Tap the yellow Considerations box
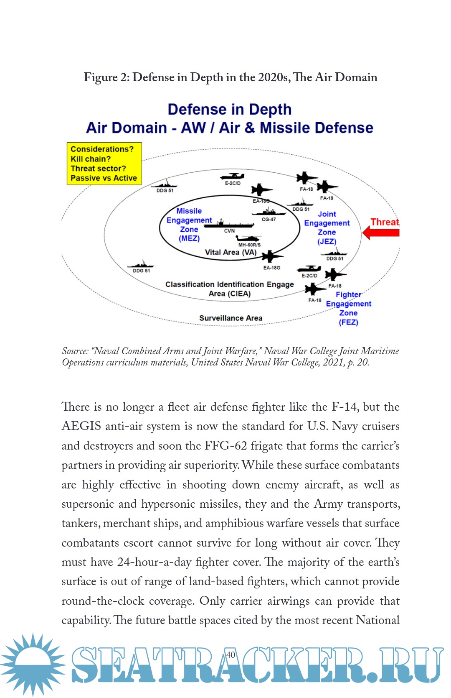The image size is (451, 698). tap(104, 164)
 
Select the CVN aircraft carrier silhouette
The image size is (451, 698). tap(229, 224)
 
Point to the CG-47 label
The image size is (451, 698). tap(269, 219)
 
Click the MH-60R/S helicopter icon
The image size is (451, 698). tap(249, 239)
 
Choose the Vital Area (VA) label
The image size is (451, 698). tap(231, 252)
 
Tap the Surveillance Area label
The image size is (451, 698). tap(231, 318)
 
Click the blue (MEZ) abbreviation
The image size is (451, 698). tap(189, 238)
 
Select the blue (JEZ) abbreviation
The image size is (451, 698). tap(327, 241)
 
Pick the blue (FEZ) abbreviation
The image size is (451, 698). tap(348, 322)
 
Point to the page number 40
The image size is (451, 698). tap(231, 655)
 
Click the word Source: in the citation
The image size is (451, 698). tap(75, 351)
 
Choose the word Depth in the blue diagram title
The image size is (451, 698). tap(270, 110)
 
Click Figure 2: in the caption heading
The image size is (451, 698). tap(106, 77)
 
